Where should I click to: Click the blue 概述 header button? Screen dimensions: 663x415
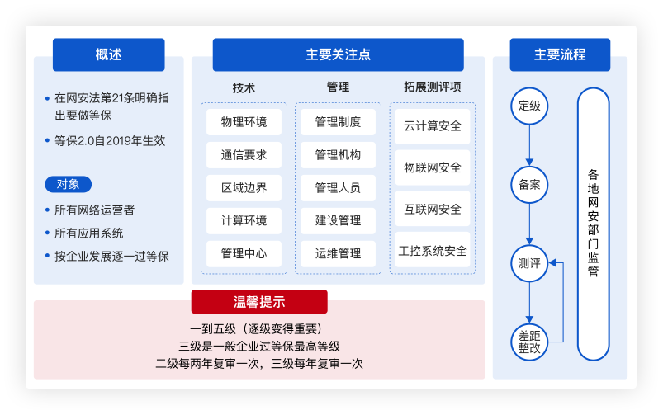tap(109, 54)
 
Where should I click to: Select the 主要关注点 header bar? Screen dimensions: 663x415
tap(338, 54)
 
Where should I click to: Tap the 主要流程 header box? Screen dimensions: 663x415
tap(560, 54)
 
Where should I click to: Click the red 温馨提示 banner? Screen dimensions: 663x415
tap(259, 302)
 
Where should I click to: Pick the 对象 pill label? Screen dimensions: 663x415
tap(68, 184)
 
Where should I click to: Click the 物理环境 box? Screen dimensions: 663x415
tap(244, 122)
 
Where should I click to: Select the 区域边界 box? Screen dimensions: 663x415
tap(244, 187)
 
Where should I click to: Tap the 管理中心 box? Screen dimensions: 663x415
tap(244, 253)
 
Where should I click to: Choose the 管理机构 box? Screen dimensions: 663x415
tap(338, 155)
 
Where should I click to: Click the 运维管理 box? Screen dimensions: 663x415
tap(338, 253)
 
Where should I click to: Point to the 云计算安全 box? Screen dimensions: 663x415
tap(433, 126)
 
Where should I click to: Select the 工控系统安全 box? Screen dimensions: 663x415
tap(433, 250)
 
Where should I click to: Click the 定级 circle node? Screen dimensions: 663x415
tap(529, 106)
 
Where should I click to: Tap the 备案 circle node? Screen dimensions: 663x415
tap(529, 185)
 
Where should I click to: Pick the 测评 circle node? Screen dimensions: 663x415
tap(529, 263)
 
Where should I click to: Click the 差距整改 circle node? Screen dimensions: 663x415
tap(529, 342)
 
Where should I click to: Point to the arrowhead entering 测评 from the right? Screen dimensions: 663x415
tap(552, 263)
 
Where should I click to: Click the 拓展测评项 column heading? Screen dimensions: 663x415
tap(433, 87)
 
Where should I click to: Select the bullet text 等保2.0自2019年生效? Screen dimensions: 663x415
tap(110, 141)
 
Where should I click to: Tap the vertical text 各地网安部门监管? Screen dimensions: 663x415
tap(594, 223)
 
